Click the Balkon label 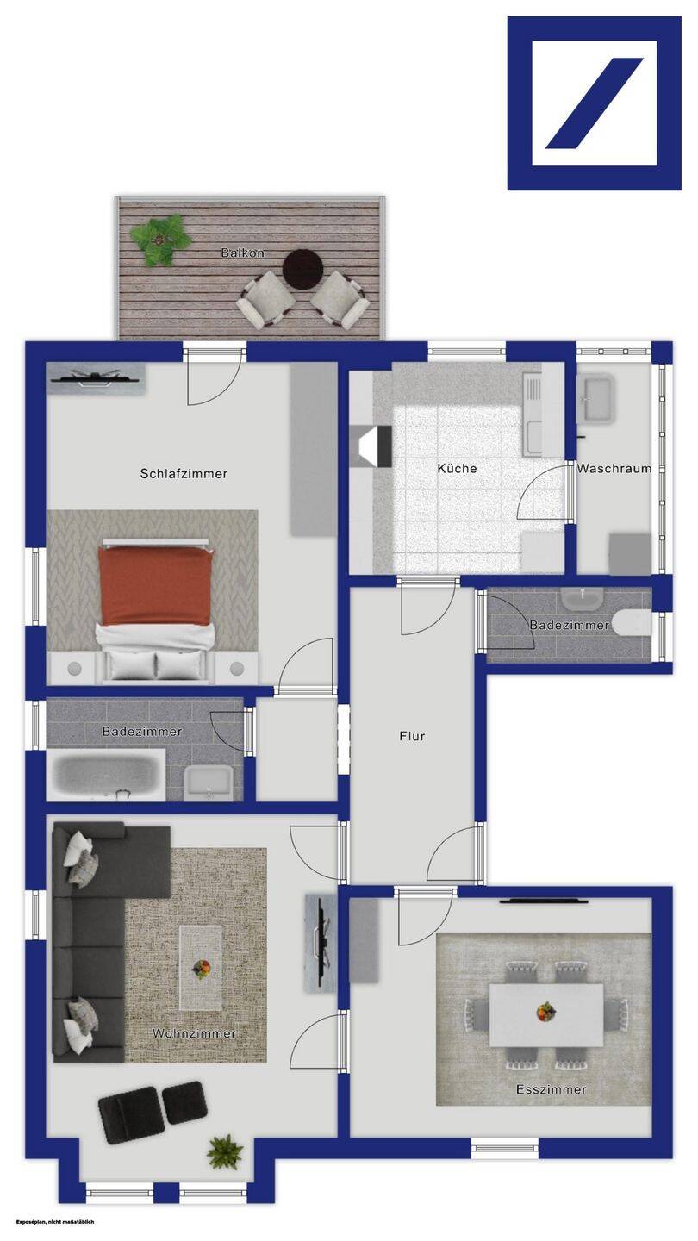pyautogui.click(x=243, y=253)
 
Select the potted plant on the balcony pyautogui.click(x=160, y=240)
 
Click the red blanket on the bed pyautogui.click(x=156, y=585)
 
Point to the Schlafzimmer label pyautogui.click(x=184, y=474)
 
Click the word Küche pyautogui.click(x=457, y=468)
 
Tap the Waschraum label pyautogui.click(x=614, y=468)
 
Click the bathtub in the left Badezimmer pyautogui.click(x=105, y=775)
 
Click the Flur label pyautogui.click(x=412, y=736)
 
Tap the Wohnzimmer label pyautogui.click(x=195, y=1033)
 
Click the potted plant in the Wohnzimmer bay pyautogui.click(x=225, y=1151)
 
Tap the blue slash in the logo pyautogui.click(x=595, y=103)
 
